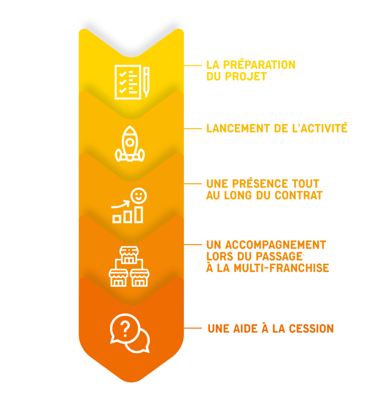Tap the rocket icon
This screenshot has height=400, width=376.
coord(130,143)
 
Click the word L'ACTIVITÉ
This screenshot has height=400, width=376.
coord(320,129)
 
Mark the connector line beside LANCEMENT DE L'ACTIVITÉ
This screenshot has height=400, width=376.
coord(193,129)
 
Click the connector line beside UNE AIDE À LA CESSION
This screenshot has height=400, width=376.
coord(193,328)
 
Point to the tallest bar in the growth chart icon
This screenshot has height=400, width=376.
coord(139,214)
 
